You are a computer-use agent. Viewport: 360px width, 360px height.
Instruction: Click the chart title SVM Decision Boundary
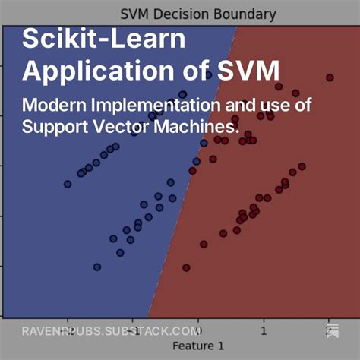[x=198, y=14]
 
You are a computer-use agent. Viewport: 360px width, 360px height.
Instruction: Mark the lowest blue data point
[x=96, y=267]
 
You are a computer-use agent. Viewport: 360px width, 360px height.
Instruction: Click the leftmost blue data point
[x=68, y=183]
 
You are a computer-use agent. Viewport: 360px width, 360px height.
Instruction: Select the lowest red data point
[x=186, y=267]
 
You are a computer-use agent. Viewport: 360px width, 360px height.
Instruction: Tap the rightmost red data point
[x=330, y=77]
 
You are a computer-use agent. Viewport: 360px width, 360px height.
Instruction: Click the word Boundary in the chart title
[x=247, y=14]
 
